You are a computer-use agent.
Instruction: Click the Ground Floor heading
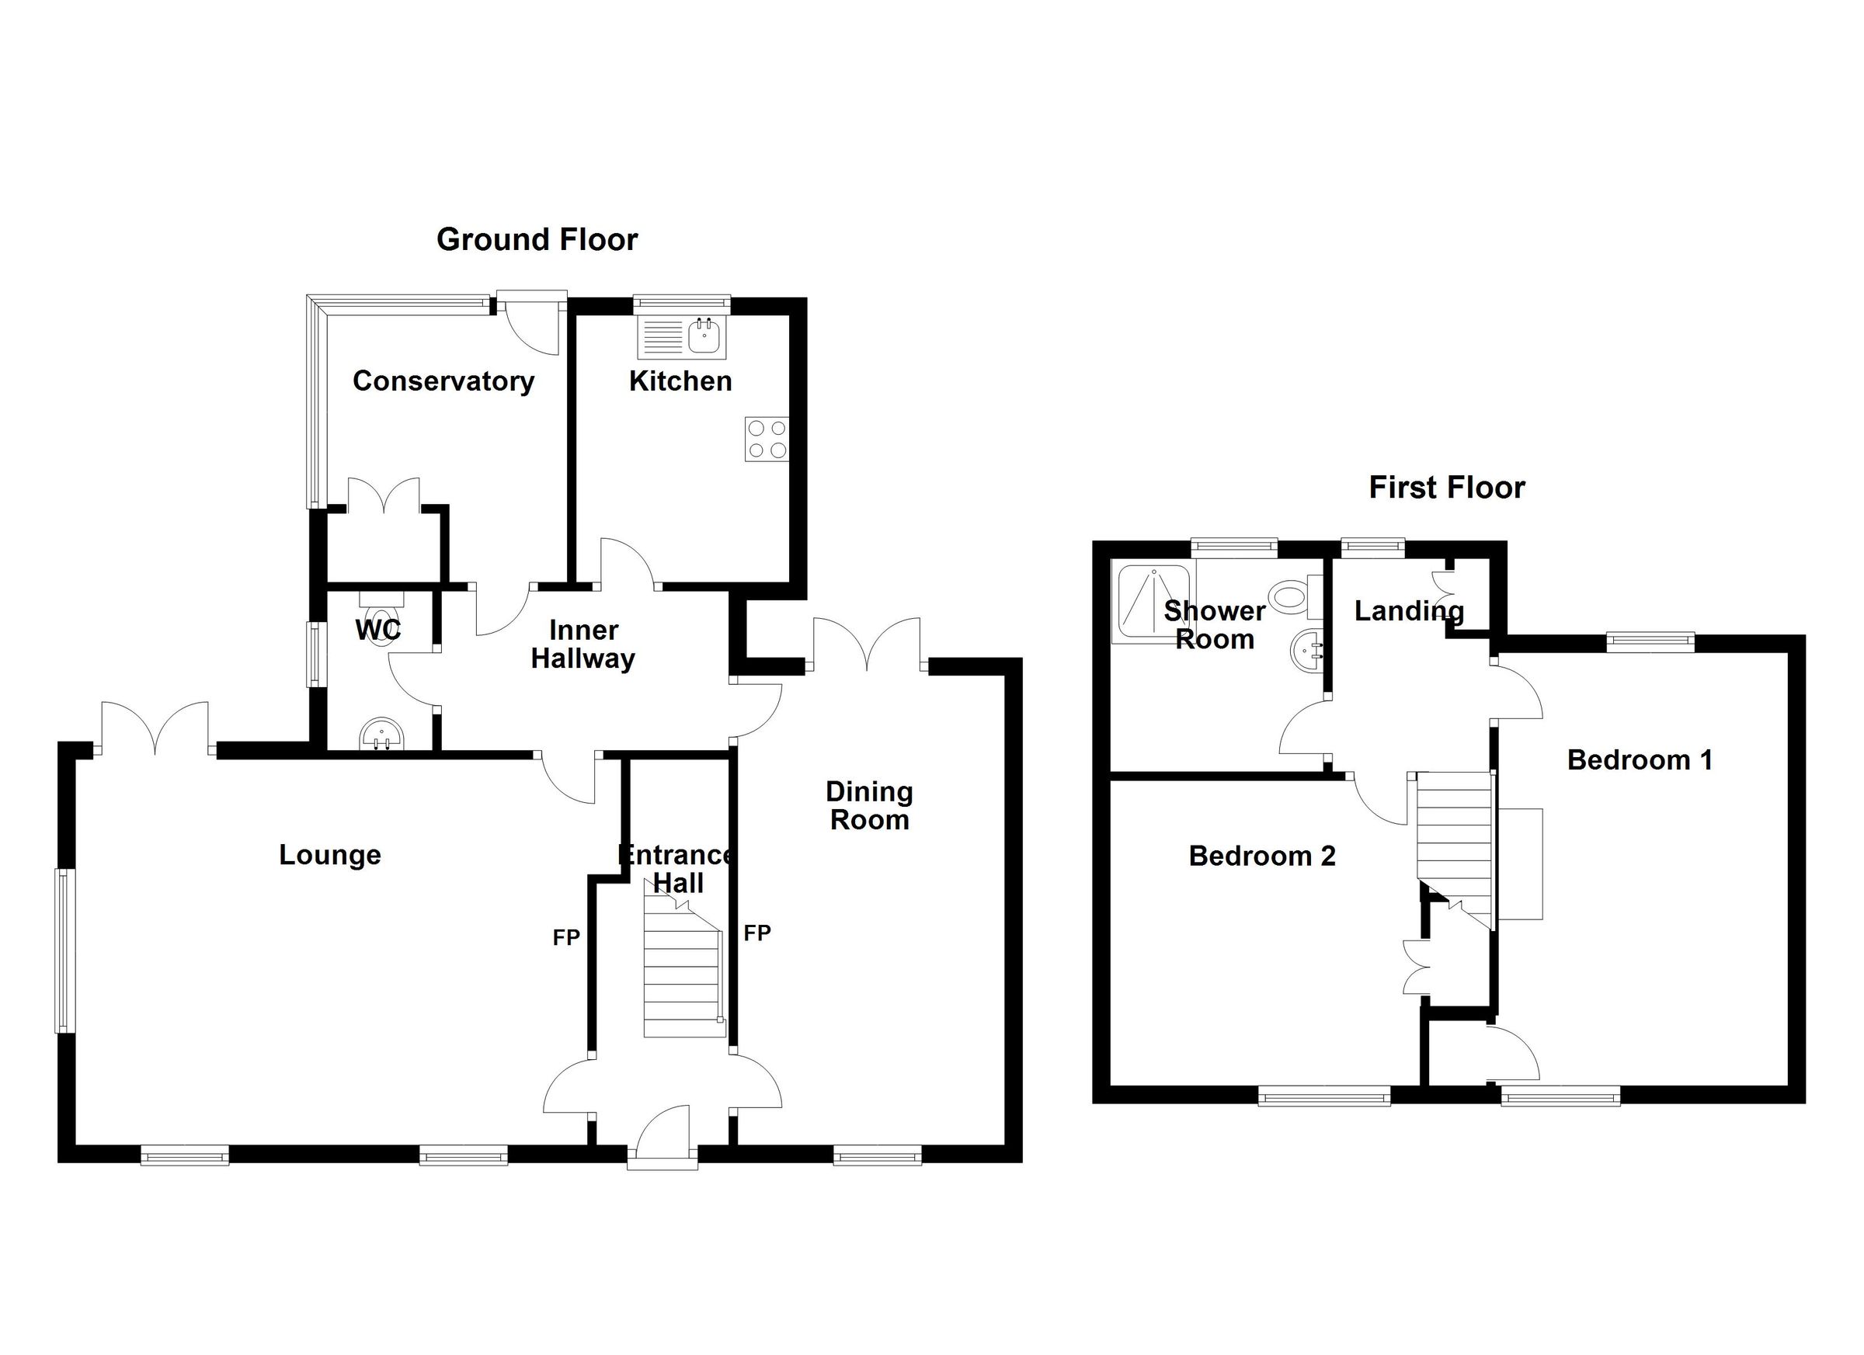[537, 240]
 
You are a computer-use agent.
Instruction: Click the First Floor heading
[1446, 488]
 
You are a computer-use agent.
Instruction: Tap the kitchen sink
[705, 337]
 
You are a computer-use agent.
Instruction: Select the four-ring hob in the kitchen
[766, 439]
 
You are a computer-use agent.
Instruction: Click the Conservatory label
[443, 381]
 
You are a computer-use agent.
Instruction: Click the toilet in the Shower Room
[1293, 596]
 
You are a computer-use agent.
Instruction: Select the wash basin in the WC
[381, 734]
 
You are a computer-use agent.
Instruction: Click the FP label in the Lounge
[566, 937]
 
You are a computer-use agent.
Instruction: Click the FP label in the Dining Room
[757, 933]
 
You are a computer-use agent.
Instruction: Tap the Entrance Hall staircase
[683, 978]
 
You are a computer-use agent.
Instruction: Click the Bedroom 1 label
[1640, 760]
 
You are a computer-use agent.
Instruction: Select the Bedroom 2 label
[1261, 856]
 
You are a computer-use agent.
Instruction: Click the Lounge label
[329, 855]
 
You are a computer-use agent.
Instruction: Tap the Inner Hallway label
[582, 644]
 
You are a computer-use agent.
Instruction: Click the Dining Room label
[869, 805]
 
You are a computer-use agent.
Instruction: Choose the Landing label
[1409, 610]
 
